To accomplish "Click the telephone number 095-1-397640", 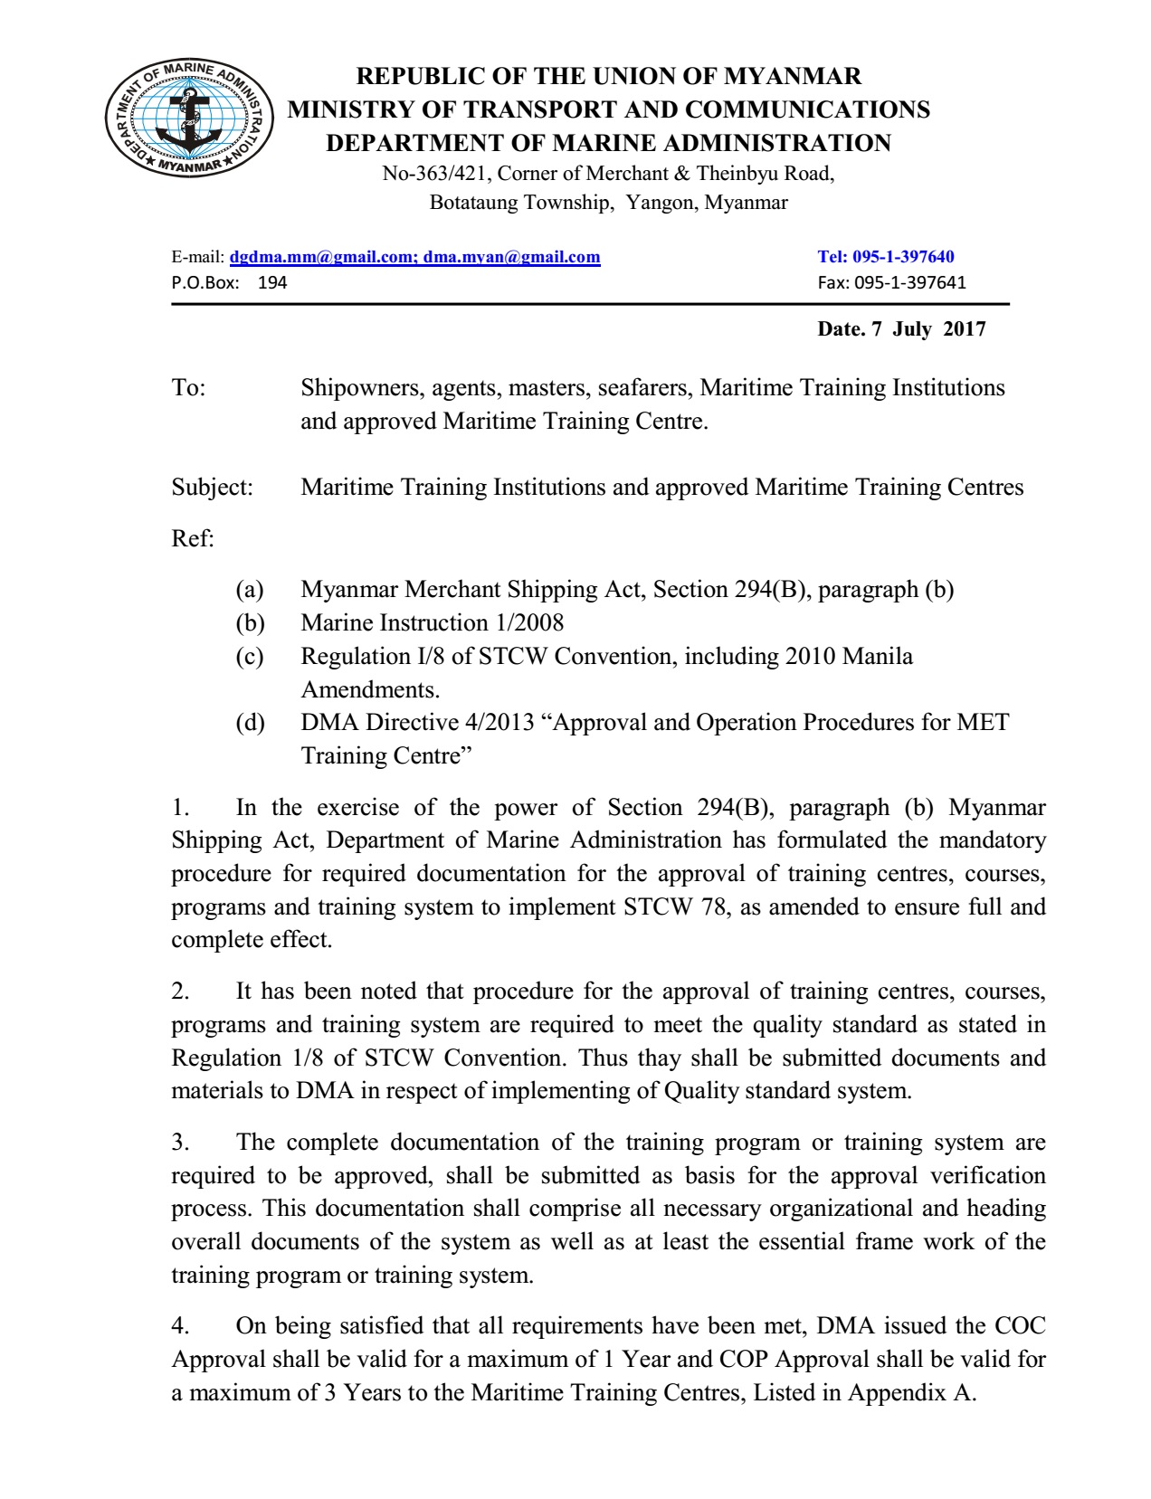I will tap(903, 257).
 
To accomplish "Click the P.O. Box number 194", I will tap(272, 282).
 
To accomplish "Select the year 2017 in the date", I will tap(965, 328).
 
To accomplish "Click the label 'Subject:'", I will tap(213, 488).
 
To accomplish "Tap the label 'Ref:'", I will tap(193, 539).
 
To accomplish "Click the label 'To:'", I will tap(188, 388).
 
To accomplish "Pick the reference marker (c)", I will tap(250, 657).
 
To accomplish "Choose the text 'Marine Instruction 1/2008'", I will tap(432, 623).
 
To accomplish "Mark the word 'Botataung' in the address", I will tap(473, 203).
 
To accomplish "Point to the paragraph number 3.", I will tap(180, 1143).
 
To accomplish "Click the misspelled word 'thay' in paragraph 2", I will tap(658, 1058).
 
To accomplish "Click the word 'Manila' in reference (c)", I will tap(877, 657).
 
